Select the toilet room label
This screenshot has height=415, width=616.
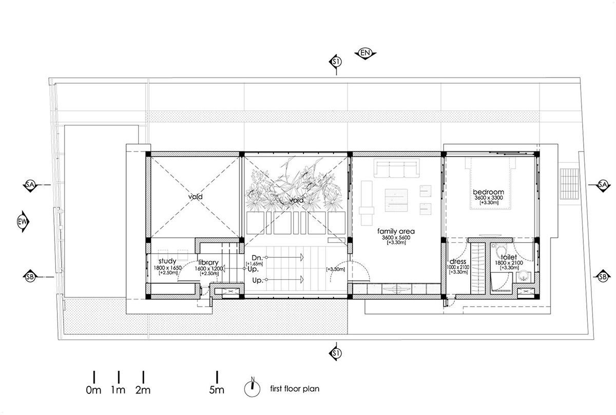coord(505,256)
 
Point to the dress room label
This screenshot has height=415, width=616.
coord(457,261)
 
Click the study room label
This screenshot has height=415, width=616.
coord(167,261)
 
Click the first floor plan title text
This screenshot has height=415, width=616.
coord(294,389)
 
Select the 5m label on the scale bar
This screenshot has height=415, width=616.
coord(217,390)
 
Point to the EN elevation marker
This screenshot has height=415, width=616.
coord(365,53)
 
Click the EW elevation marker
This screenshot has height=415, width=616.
coord(23,221)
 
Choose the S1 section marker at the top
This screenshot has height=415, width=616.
coord(336,62)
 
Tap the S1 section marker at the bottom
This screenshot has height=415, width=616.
coord(336,353)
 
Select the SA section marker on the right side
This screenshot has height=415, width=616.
coord(603,184)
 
